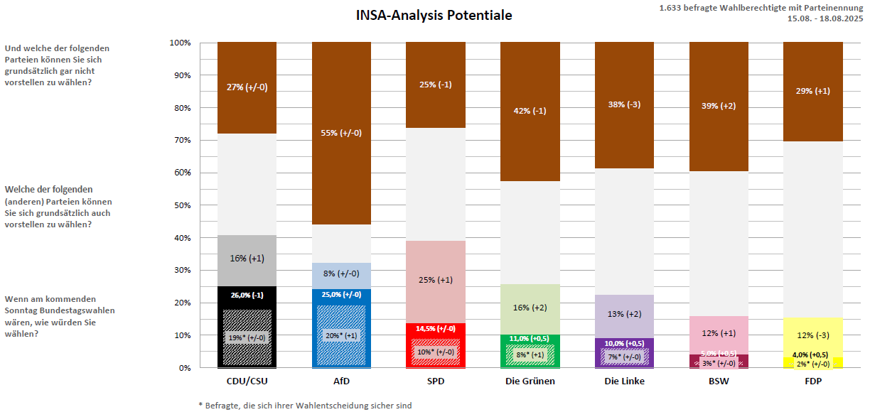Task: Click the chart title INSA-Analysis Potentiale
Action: tap(434, 16)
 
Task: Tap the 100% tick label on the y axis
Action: tap(180, 43)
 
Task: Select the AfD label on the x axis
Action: tap(341, 381)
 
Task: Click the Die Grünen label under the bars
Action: tap(530, 381)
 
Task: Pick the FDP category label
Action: tap(812, 381)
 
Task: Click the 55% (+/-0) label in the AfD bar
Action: tap(341, 133)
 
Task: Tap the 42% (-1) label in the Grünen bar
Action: tap(530, 111)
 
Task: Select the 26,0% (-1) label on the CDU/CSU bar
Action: tap(247, 295)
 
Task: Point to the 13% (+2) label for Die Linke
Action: tap(624, 314)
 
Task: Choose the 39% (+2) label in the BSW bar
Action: tap(719, 106)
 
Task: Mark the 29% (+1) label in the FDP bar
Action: tap(812, 91)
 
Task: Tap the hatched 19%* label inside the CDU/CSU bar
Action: tap(247, 337)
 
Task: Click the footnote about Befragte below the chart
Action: tap(305, 406)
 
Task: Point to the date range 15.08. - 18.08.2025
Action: tap(825, 18)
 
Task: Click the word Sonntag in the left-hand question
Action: tap(23, 310)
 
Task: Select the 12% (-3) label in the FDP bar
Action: tap(812, 335)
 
